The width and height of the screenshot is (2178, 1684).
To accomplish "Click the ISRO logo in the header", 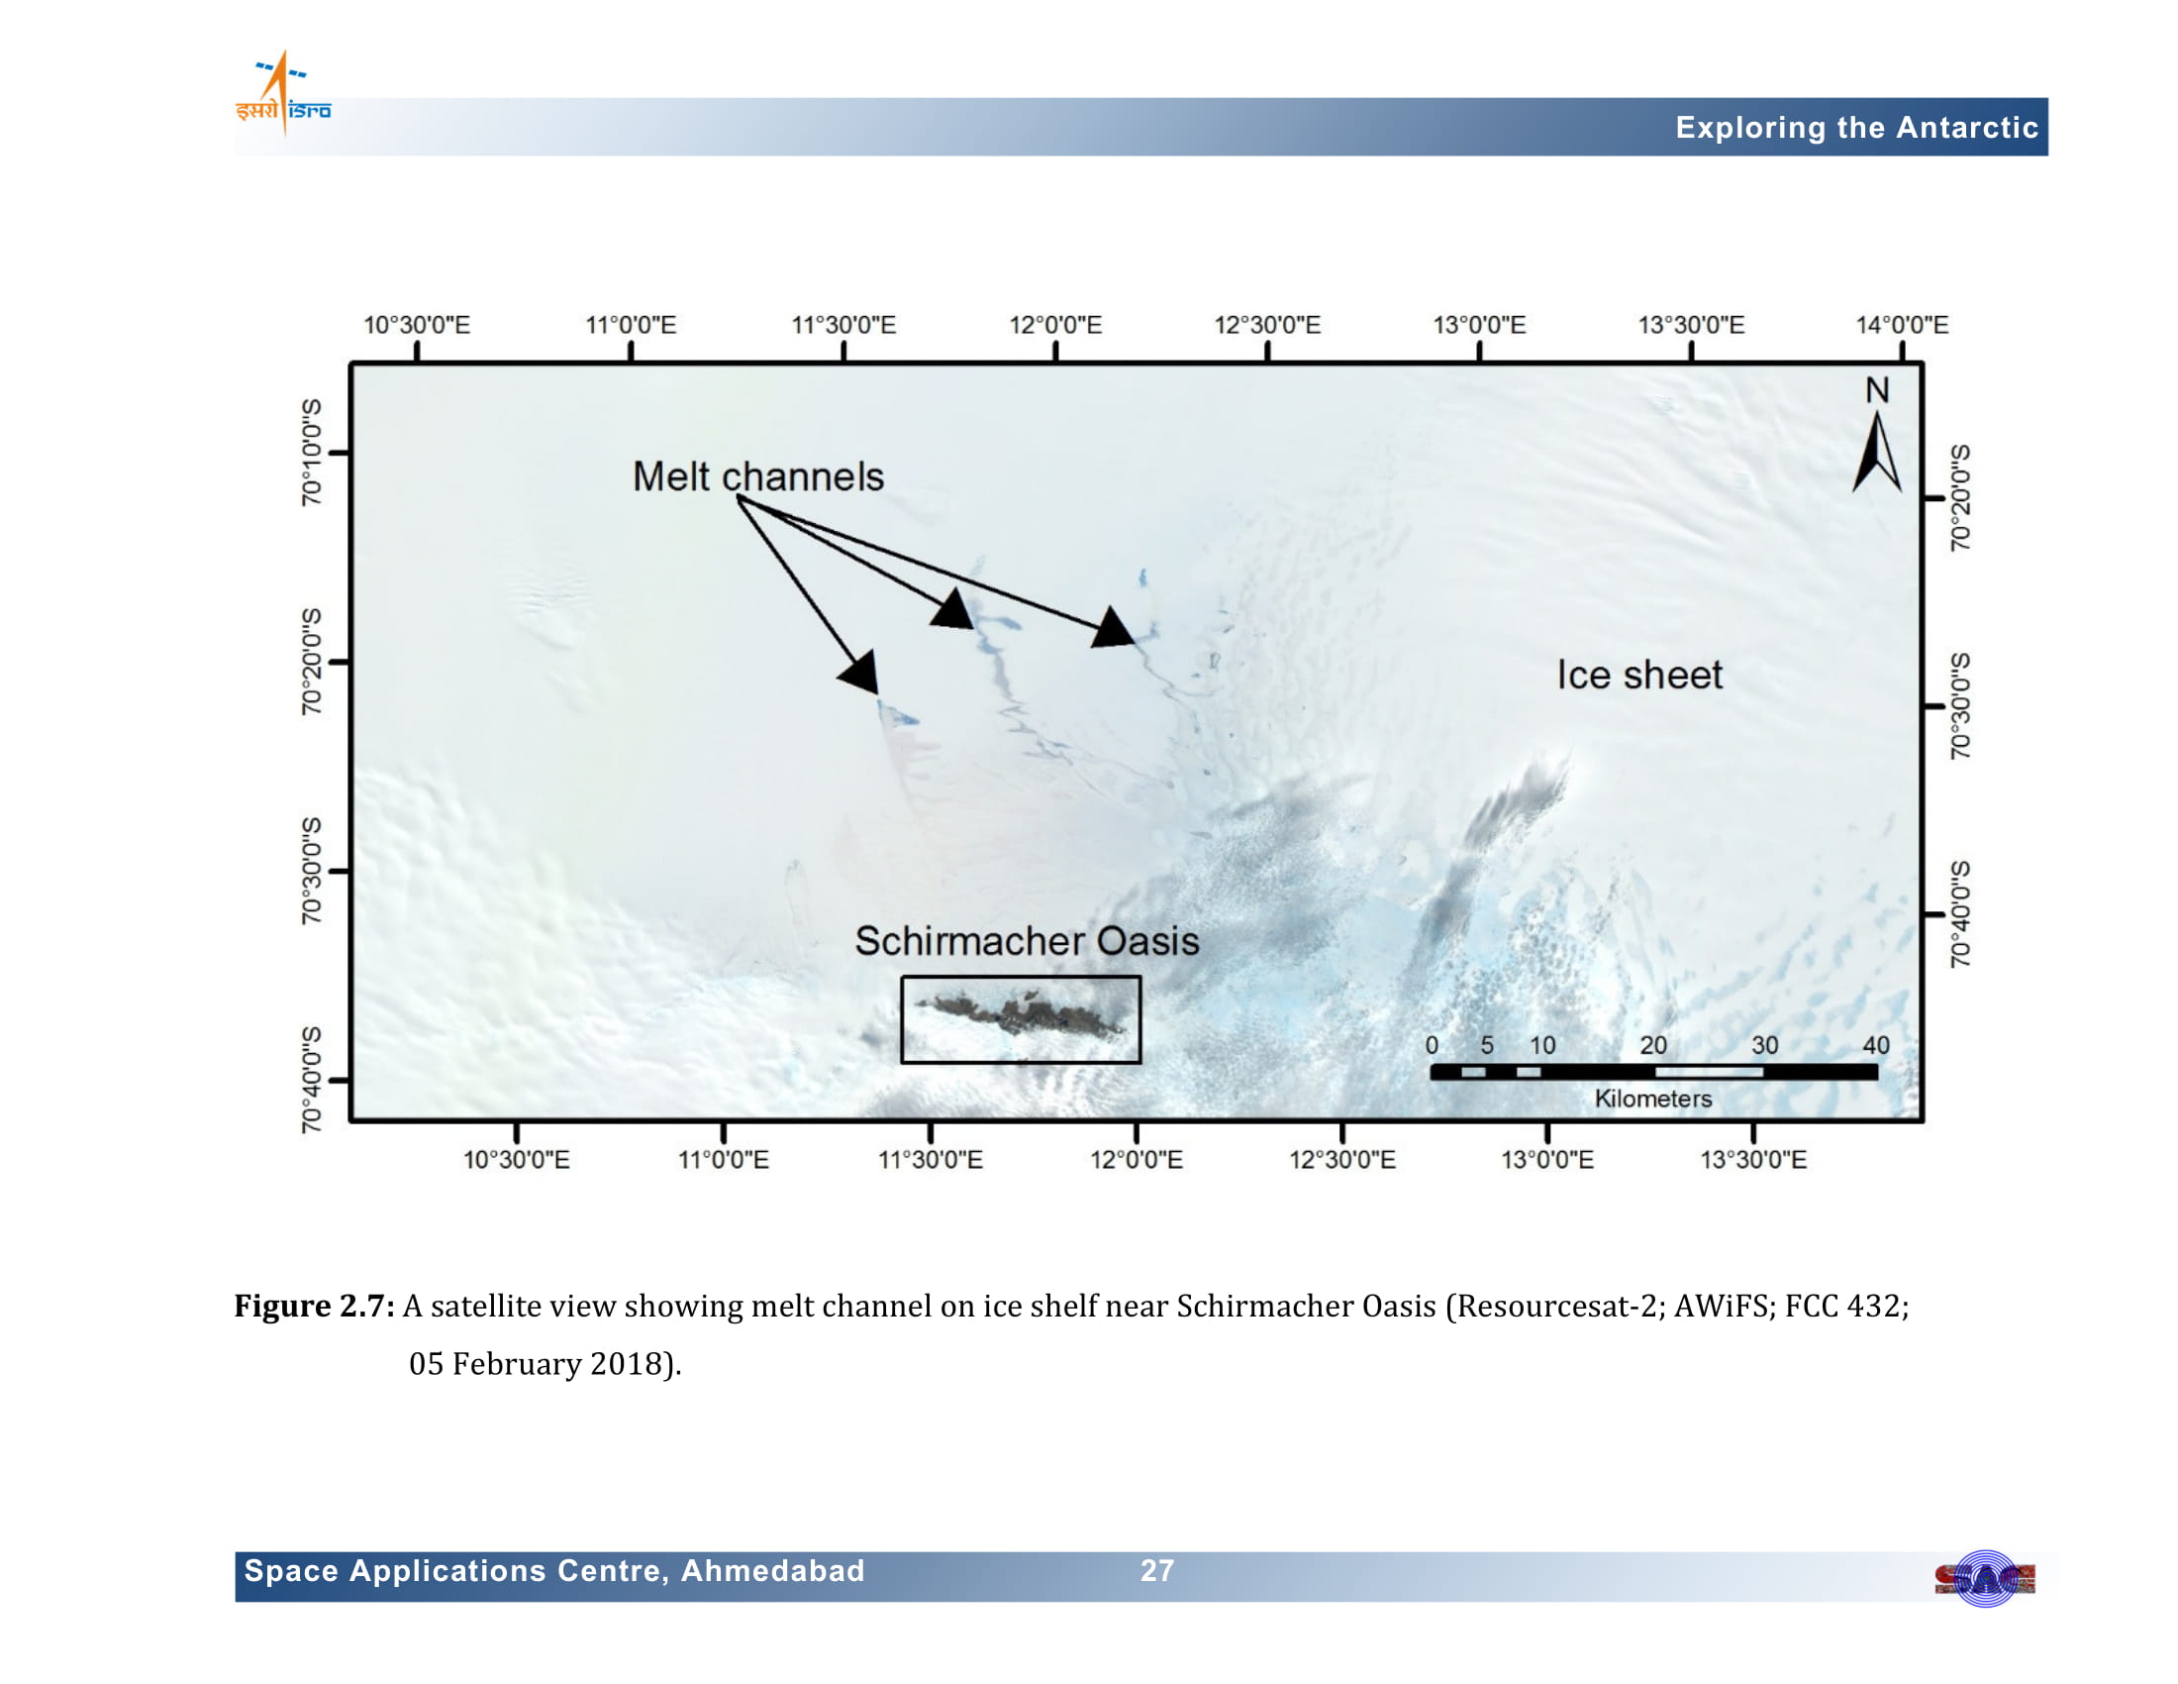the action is tap(283, 94).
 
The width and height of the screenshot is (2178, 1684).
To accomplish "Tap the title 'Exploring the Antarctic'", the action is tap(1856, 128).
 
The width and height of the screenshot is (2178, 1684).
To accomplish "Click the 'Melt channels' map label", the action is tap(758, 476).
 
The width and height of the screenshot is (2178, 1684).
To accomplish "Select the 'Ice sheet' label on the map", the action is tap(1639, 676).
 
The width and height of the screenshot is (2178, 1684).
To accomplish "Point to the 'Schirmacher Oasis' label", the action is tap(1028, 941).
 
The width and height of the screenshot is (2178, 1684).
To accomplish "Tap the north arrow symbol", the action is tap(1877, 453).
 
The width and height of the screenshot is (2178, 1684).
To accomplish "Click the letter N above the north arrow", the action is tap(1877, 390).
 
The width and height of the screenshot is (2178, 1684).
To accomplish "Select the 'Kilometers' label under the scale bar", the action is tap(1652, 1099).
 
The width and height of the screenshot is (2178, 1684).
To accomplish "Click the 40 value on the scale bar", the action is tap(1876, 1044).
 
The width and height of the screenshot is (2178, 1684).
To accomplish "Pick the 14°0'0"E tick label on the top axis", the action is tap(1901, 325).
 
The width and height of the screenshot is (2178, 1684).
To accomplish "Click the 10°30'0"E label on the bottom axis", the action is tap(517, 1159).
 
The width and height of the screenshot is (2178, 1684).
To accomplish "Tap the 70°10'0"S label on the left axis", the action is tap(312, 452).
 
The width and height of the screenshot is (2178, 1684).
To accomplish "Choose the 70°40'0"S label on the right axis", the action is tap(1960, 914).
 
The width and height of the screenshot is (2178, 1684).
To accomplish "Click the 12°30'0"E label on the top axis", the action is tap(1266, 325).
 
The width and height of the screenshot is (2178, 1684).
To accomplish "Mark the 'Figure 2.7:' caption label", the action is tap(314, 1306).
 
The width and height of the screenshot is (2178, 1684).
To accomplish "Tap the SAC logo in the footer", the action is tap(1985, 1579).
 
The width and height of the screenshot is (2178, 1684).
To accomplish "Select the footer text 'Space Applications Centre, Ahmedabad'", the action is tap(554, 1571).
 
